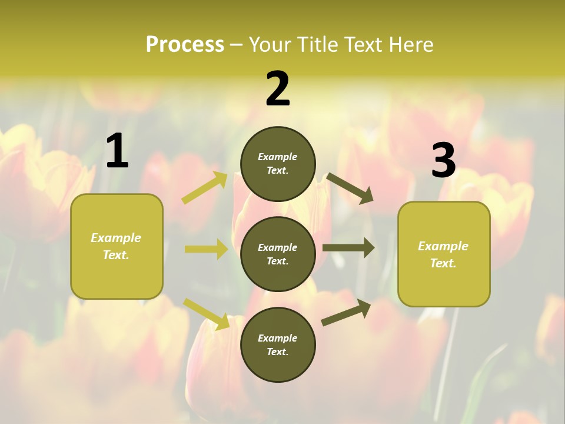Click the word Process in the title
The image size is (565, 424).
185,45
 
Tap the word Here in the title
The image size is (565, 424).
409,45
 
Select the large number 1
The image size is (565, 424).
117,151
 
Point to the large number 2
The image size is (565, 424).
278,89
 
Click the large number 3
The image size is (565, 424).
443,161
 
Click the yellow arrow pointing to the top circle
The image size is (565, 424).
205,187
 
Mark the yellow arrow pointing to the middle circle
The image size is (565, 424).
206,249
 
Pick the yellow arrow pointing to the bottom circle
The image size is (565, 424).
207,314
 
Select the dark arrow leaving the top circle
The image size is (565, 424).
350,188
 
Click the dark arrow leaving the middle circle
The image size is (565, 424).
348,247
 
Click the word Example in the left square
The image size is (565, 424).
116,238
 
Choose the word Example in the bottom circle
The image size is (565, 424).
277,338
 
